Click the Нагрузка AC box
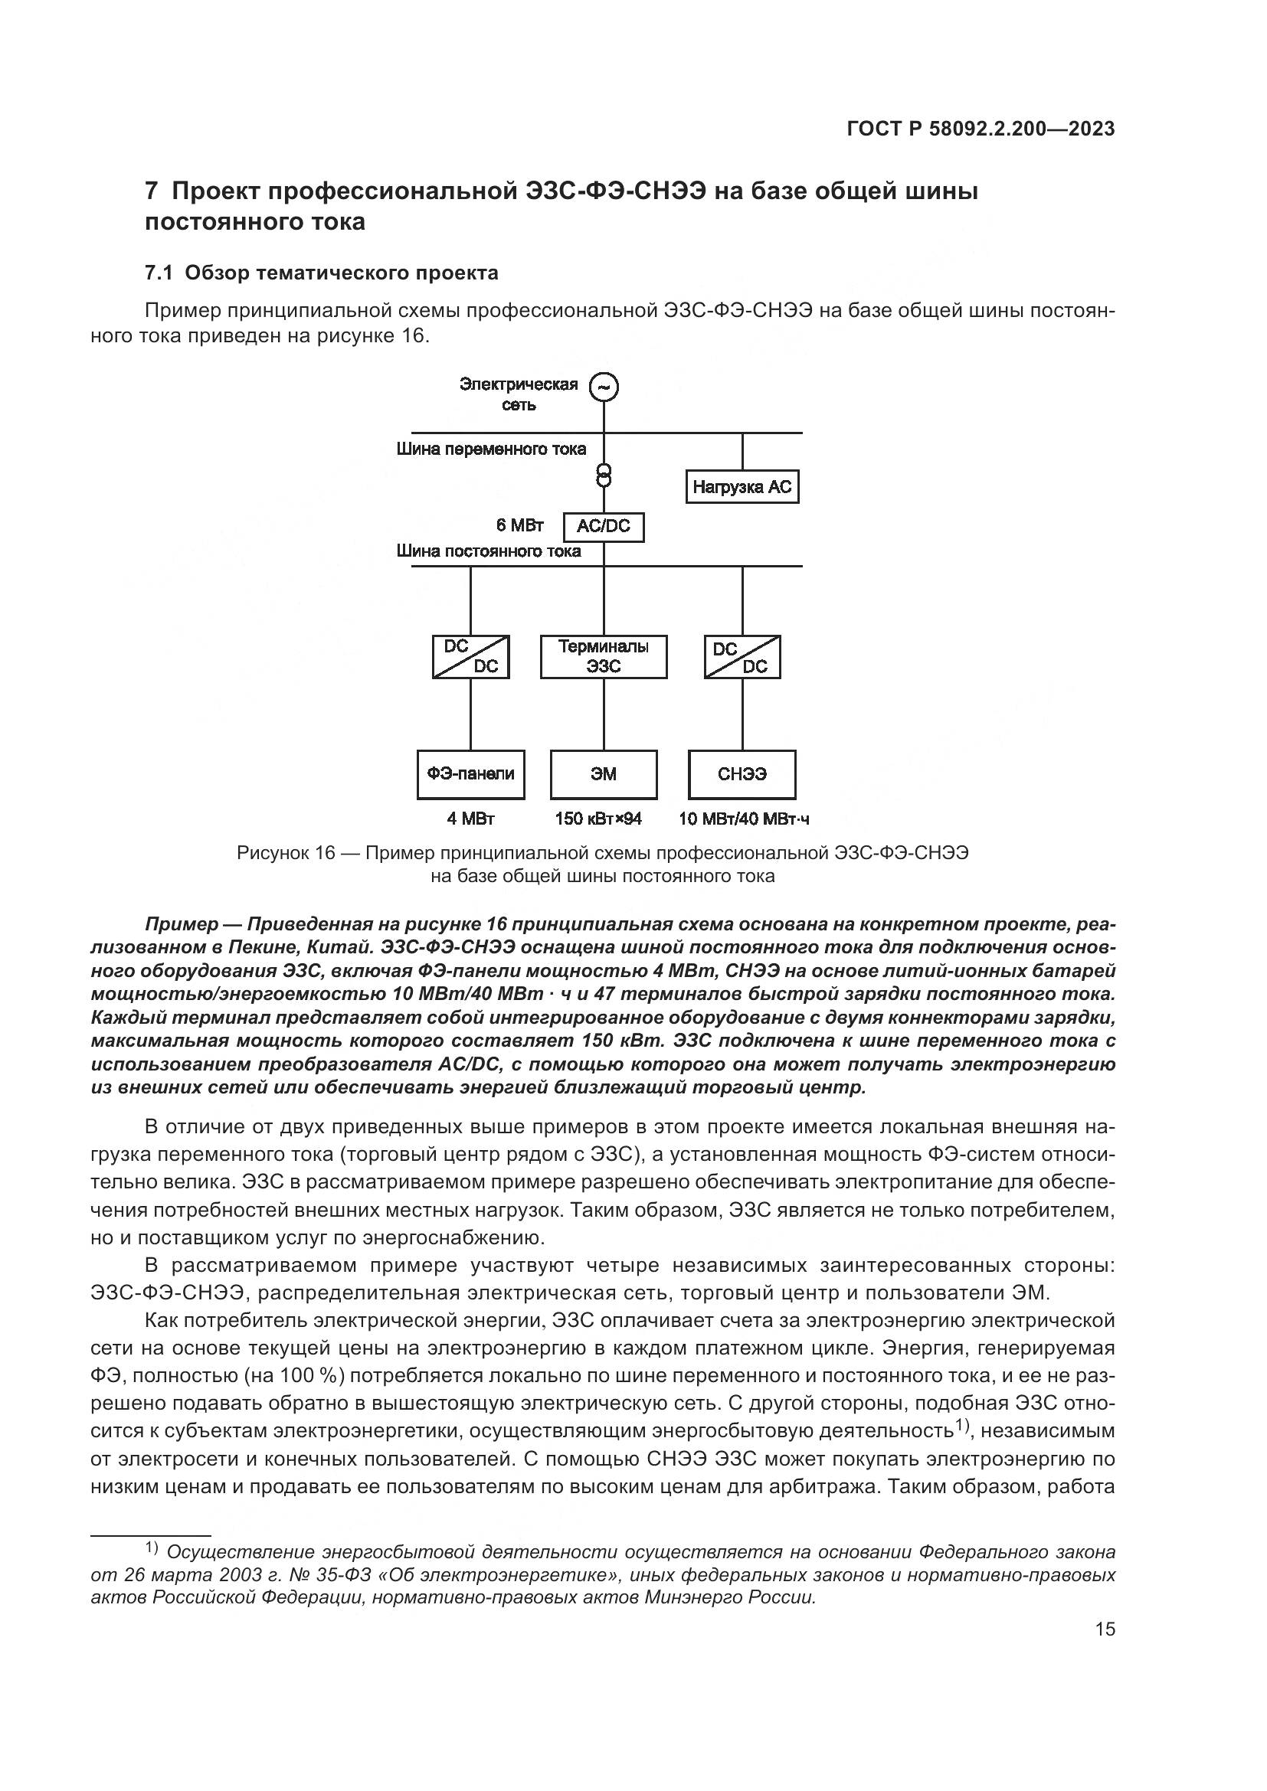pos(742,487)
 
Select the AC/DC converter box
pos(603,527)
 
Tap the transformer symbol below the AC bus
pos(603,474)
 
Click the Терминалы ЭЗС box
pos(603,657)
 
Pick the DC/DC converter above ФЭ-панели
pos(470,657)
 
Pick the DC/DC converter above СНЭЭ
pos(742,657)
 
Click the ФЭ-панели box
pos(470,774)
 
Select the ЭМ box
pos(603,774)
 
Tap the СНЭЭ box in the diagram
pos(742,774)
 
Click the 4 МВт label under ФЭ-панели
pos(470,819)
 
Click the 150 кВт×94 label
pos(598,819)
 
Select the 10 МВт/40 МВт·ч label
pos(744,819)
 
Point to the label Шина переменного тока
pos(491,449)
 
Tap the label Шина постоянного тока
pos(489,551)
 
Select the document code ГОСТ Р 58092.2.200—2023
pos(981,129)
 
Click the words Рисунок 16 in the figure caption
pos(286,853)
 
